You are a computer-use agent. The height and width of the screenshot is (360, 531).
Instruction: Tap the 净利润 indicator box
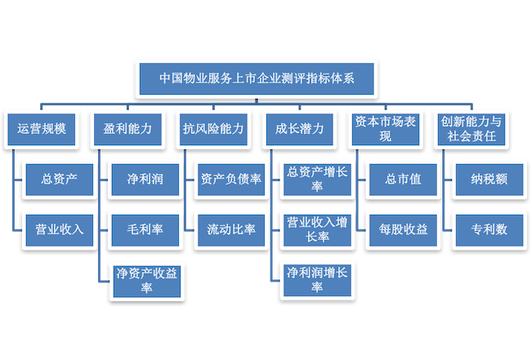coord(144,180)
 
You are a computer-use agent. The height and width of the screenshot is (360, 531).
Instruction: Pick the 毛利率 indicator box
coord(144,229)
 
